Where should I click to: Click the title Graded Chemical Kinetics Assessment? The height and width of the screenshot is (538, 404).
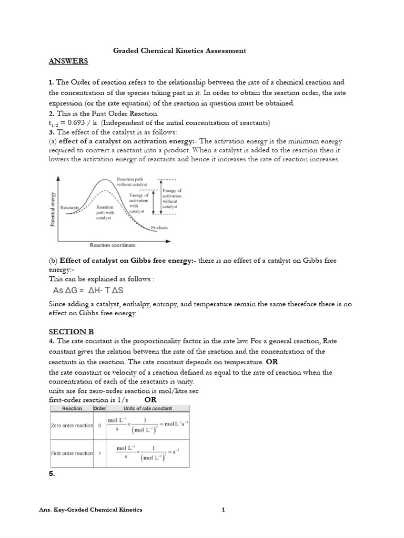pos(180,51)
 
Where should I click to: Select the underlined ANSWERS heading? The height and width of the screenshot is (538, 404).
pos(68,61)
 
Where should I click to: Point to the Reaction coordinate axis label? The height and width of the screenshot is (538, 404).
pos(113,245)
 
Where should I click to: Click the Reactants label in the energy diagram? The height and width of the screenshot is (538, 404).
pos(69,208)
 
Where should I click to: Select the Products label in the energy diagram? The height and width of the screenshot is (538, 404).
pos(159,228)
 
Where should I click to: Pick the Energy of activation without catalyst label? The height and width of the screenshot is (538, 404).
pos(172,199)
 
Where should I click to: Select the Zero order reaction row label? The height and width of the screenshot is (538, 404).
pos(72,426)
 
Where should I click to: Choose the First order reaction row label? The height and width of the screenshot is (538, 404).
pos(72,453)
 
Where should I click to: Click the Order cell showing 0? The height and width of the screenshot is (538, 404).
pos(99,426)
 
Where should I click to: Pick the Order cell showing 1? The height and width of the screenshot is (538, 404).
pos(99,453)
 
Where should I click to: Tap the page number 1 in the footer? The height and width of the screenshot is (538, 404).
pos(223,510)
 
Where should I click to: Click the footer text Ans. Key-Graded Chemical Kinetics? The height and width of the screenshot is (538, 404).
pos(90,510)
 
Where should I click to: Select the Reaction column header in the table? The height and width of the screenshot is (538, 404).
pos(72,408)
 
